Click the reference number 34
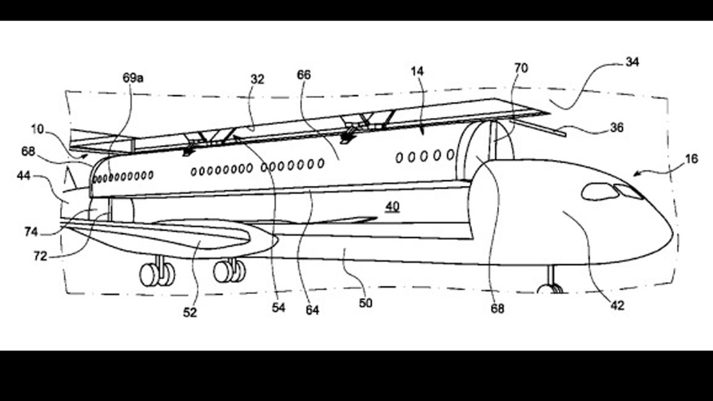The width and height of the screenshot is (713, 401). click(632, 62)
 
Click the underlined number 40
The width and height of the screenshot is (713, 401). click(392, 207)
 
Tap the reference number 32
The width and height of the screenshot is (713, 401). click(258, 78)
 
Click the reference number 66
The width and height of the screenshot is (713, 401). click(303, 75)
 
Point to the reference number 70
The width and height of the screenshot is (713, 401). click(520, 68)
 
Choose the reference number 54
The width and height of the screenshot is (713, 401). click(279, 308)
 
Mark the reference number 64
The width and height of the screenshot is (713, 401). click(313, 310)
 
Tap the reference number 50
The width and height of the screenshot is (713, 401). click(365, 303)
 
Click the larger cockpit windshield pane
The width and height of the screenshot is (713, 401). click(599, 191)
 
